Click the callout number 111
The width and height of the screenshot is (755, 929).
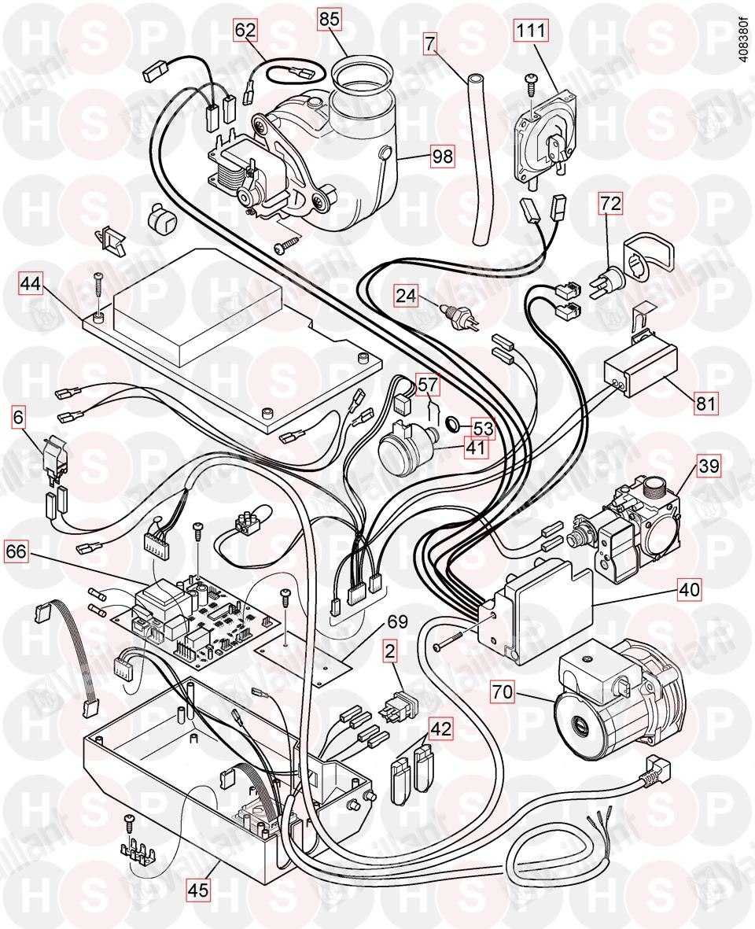[x=531, y=32]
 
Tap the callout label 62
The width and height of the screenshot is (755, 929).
[x=245, y=31]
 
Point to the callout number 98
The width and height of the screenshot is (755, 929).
[x=442, y=157]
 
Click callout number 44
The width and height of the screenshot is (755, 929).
[x=31, y=283]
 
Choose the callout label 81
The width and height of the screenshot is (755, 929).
[x=705, y=406]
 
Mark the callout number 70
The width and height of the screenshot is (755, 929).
[x=503, y=693]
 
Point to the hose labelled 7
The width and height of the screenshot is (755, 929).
[x=476, y=157]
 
